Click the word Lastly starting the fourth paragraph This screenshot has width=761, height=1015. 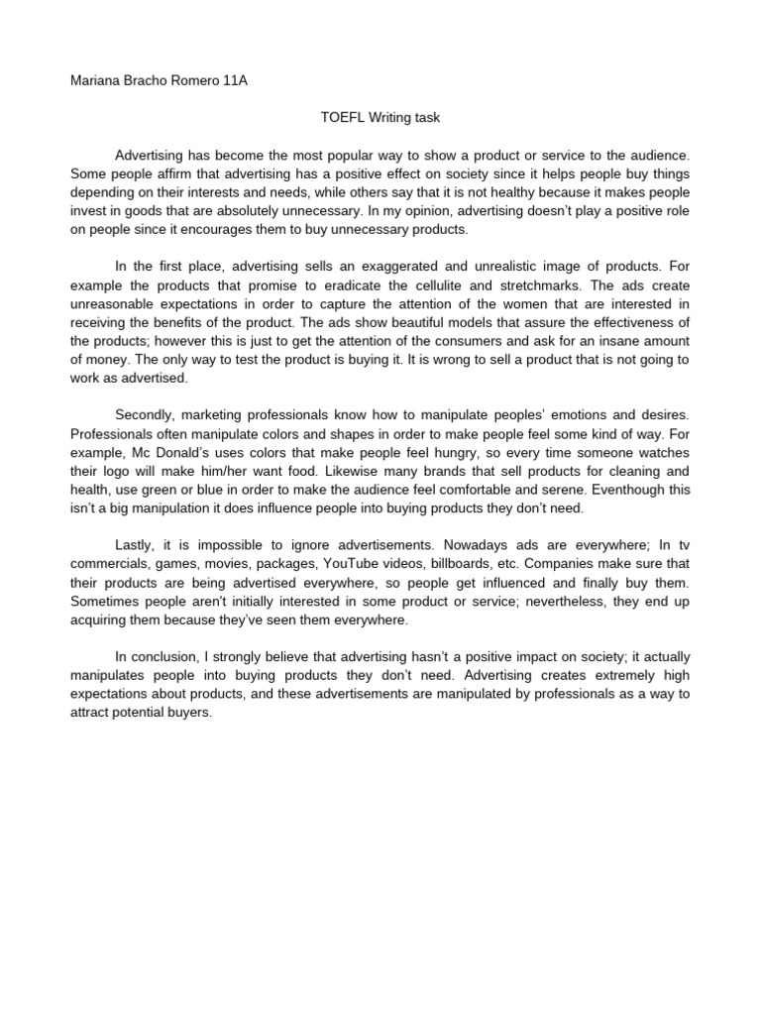pos(136,545)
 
